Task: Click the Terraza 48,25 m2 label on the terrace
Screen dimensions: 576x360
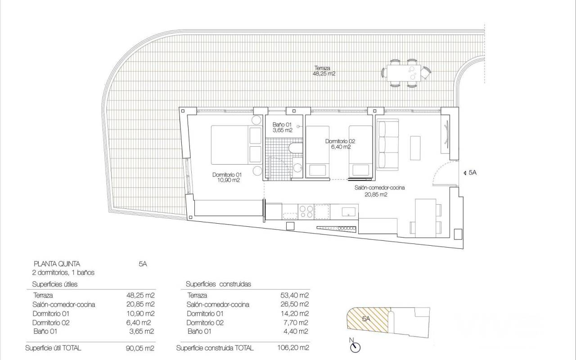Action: point(324,71)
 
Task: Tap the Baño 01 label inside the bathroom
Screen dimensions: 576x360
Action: point(282,127)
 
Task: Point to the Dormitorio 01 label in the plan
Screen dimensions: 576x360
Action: point(227,177)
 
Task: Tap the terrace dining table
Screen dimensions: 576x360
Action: point(404,73)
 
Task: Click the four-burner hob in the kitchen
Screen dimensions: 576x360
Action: point(306,211)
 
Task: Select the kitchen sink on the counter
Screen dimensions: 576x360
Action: point(348,212)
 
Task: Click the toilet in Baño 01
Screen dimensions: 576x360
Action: point(296,148)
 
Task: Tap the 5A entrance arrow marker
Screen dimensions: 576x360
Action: point(465,173)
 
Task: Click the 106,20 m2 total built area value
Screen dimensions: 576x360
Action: point(293,348)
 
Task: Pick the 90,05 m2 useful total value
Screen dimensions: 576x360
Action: point(140,348)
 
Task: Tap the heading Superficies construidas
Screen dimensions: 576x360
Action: point(218,284)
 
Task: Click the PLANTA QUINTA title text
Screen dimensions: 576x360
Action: point(57,264)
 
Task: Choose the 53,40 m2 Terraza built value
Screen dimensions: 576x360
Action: point(294,295)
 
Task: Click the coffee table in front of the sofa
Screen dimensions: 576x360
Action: point(415,148)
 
